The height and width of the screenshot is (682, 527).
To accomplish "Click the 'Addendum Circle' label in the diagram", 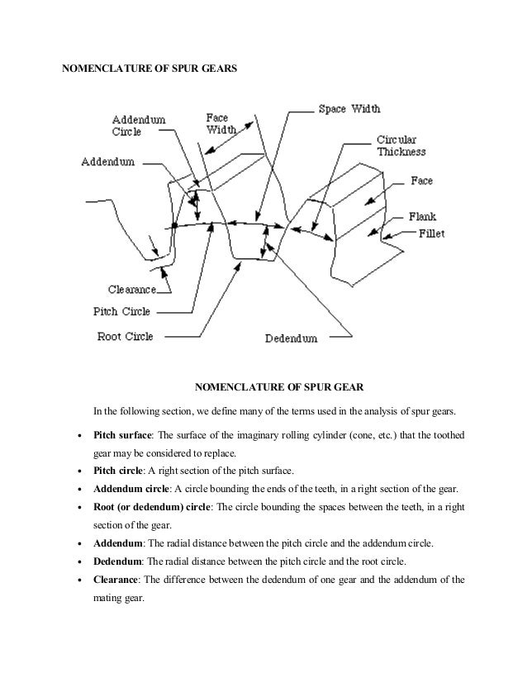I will point(138,125).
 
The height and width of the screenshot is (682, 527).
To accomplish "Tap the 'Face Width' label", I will point(221,124).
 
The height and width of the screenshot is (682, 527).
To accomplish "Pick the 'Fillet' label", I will point(429,234).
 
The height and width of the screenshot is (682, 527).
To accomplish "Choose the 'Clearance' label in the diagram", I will point(135,290).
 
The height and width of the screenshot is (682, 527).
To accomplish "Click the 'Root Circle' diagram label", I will point(126,336).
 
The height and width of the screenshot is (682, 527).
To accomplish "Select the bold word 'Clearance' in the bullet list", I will point(118,579).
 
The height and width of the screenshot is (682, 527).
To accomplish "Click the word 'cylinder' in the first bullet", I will point(330,437).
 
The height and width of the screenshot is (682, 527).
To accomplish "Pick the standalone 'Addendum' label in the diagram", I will point(107,163).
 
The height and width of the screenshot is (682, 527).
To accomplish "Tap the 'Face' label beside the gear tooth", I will point(421,180).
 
